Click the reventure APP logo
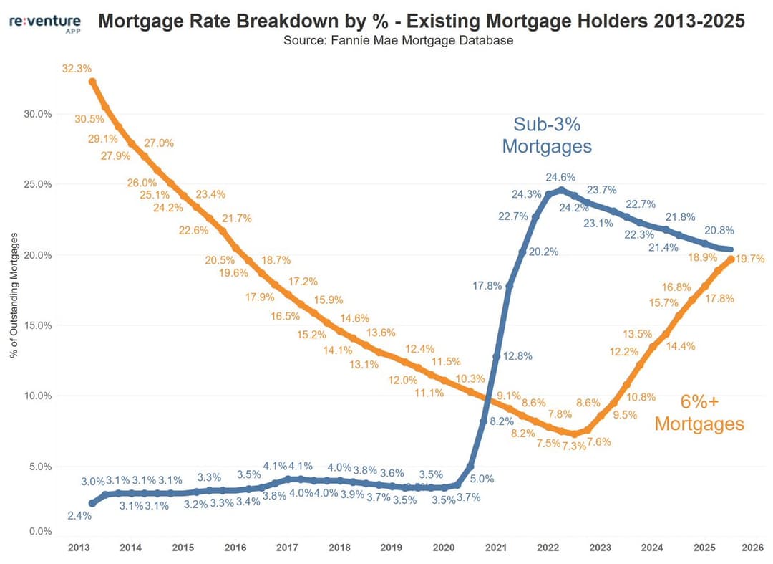[44, 24]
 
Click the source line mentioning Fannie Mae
[398, 41]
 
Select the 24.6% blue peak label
[560, 177]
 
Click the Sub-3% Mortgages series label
[546, 135]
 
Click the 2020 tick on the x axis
[443, 548]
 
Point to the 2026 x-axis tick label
[751, 548]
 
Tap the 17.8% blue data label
[487, 285]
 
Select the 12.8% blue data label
[517, 356]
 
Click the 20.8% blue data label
[719, 231]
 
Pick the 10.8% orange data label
[641, 396]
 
